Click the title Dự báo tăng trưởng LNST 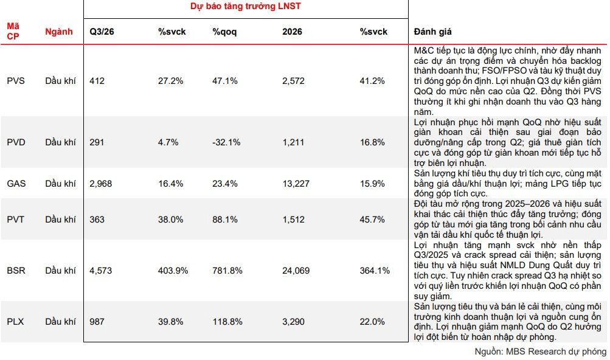pos(246,6)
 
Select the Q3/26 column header pos(102,32)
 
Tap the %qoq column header pos(224,32)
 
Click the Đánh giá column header pos(432,32)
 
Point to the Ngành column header pos(59,32)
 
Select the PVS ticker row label pos(16,81)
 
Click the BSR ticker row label pos(16,271)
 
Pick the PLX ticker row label pos(15,322)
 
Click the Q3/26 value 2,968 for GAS pos(100,184)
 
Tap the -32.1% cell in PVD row pos(226,142)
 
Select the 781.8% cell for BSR pos(227,271)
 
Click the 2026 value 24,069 pos(296,271)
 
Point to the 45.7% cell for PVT pos(372,220)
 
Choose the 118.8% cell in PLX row pos(227,322)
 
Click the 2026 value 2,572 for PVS pos(293,81)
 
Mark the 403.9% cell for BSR pos(173,271)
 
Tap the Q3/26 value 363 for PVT pos(97,220)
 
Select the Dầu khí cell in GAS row pos(60,184)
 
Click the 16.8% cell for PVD pos(372,142)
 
